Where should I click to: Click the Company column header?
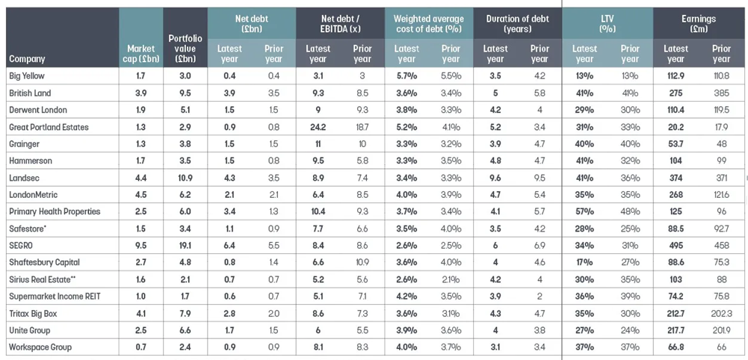(28, 59)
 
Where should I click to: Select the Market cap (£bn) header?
(140, 53)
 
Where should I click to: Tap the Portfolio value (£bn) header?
(185, 47)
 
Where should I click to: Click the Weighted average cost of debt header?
(429, 24)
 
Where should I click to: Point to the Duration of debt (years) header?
(517, 24)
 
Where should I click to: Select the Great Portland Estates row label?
(49, 127)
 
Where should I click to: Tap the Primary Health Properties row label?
(55, 211)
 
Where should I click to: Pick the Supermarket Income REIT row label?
(54, 296)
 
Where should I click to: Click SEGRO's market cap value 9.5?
(140, 245)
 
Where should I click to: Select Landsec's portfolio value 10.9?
(185, 178)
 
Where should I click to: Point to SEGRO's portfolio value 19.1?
(185, 245)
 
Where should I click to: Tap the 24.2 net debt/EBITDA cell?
(318, 127)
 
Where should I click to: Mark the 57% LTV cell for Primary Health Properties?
(584, 211)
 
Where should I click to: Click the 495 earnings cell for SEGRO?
(676, 245)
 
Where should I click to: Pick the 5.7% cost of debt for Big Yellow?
(407, 75)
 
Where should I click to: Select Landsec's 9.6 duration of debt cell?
(495, 178)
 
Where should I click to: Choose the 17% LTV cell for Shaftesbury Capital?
(584, 262)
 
